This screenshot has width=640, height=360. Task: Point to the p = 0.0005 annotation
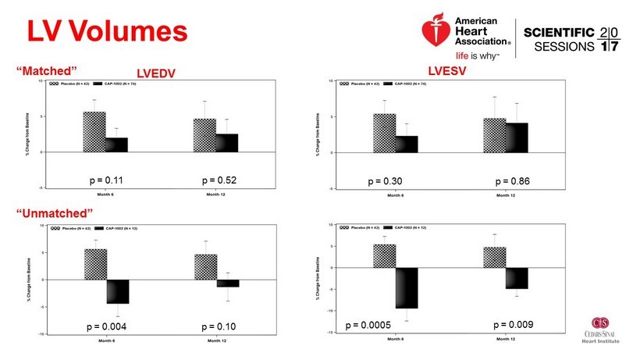click(x=369, y=323)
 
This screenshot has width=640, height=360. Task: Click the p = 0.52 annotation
click(x=219, y=181)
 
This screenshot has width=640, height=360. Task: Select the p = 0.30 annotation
click(x=384, y=181)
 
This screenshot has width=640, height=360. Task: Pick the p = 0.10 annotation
click(x=219, y=324)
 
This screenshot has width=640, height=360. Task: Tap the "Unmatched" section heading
click(x=54, y=213)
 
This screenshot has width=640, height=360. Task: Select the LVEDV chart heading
click(x=156, y=73)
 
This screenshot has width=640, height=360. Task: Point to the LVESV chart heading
click(x=446, y=72)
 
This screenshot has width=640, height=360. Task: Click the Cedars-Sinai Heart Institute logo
click(x=601, y=328)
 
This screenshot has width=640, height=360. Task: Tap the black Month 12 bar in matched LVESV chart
click(x=517, y=137)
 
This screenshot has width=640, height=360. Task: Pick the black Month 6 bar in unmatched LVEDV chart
click(x=118, y=291)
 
